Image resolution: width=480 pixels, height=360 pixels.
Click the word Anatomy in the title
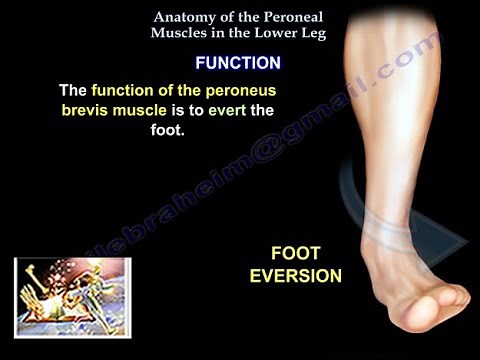(182, 16)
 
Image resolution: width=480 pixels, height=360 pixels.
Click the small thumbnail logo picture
(59, 297)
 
